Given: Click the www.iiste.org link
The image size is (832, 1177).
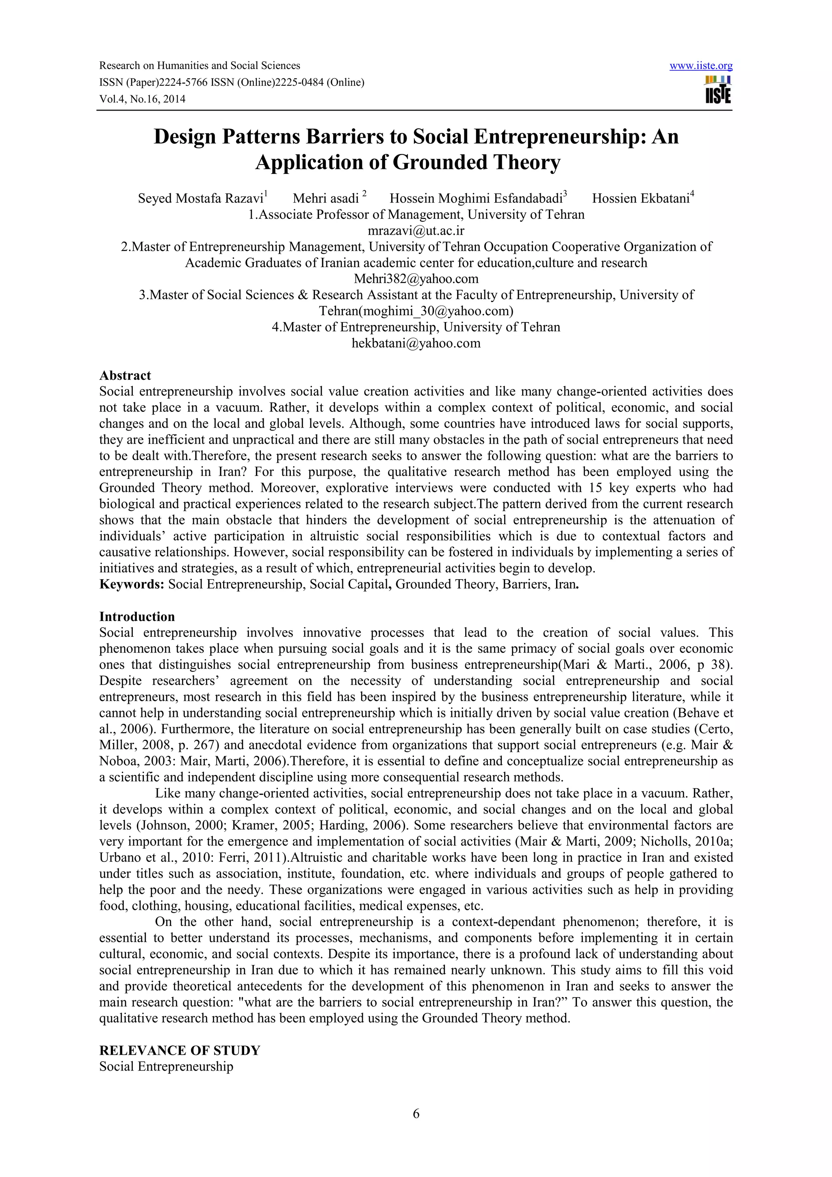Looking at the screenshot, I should click(x=701, y=66).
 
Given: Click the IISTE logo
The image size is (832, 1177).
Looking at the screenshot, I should click(x=718, y=90).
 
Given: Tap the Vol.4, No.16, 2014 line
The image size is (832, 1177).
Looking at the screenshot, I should click(x=142, y=100).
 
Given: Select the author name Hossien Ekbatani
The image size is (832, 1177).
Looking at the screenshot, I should click(x=640, y=198).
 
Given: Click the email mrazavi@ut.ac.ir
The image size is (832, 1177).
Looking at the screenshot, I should click(x=416, y=231).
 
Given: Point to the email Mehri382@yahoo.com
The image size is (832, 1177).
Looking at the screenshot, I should click(x=416, y=279).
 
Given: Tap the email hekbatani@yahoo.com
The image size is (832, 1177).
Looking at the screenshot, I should click(x=416, y=343).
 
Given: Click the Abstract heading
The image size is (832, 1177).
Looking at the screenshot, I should click(x=125, y=375).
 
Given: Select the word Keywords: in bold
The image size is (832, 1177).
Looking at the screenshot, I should click(x=132, y=584).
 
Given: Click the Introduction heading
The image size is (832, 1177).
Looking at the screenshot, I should click(x=137, y=616).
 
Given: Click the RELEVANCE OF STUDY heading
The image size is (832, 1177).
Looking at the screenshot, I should click(x=180, y=1050).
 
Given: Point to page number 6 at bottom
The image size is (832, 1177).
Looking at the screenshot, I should click(x=416, y=1127).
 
